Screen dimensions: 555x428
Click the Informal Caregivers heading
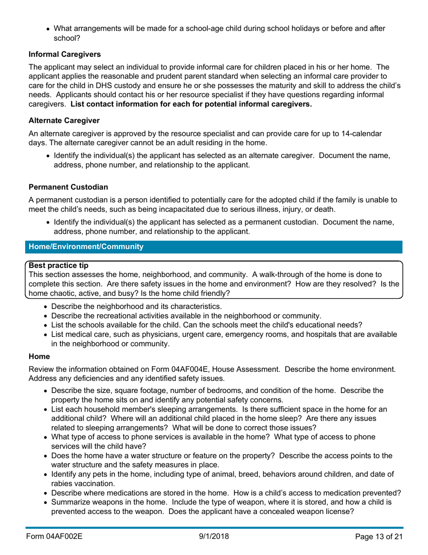pos(64,55)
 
